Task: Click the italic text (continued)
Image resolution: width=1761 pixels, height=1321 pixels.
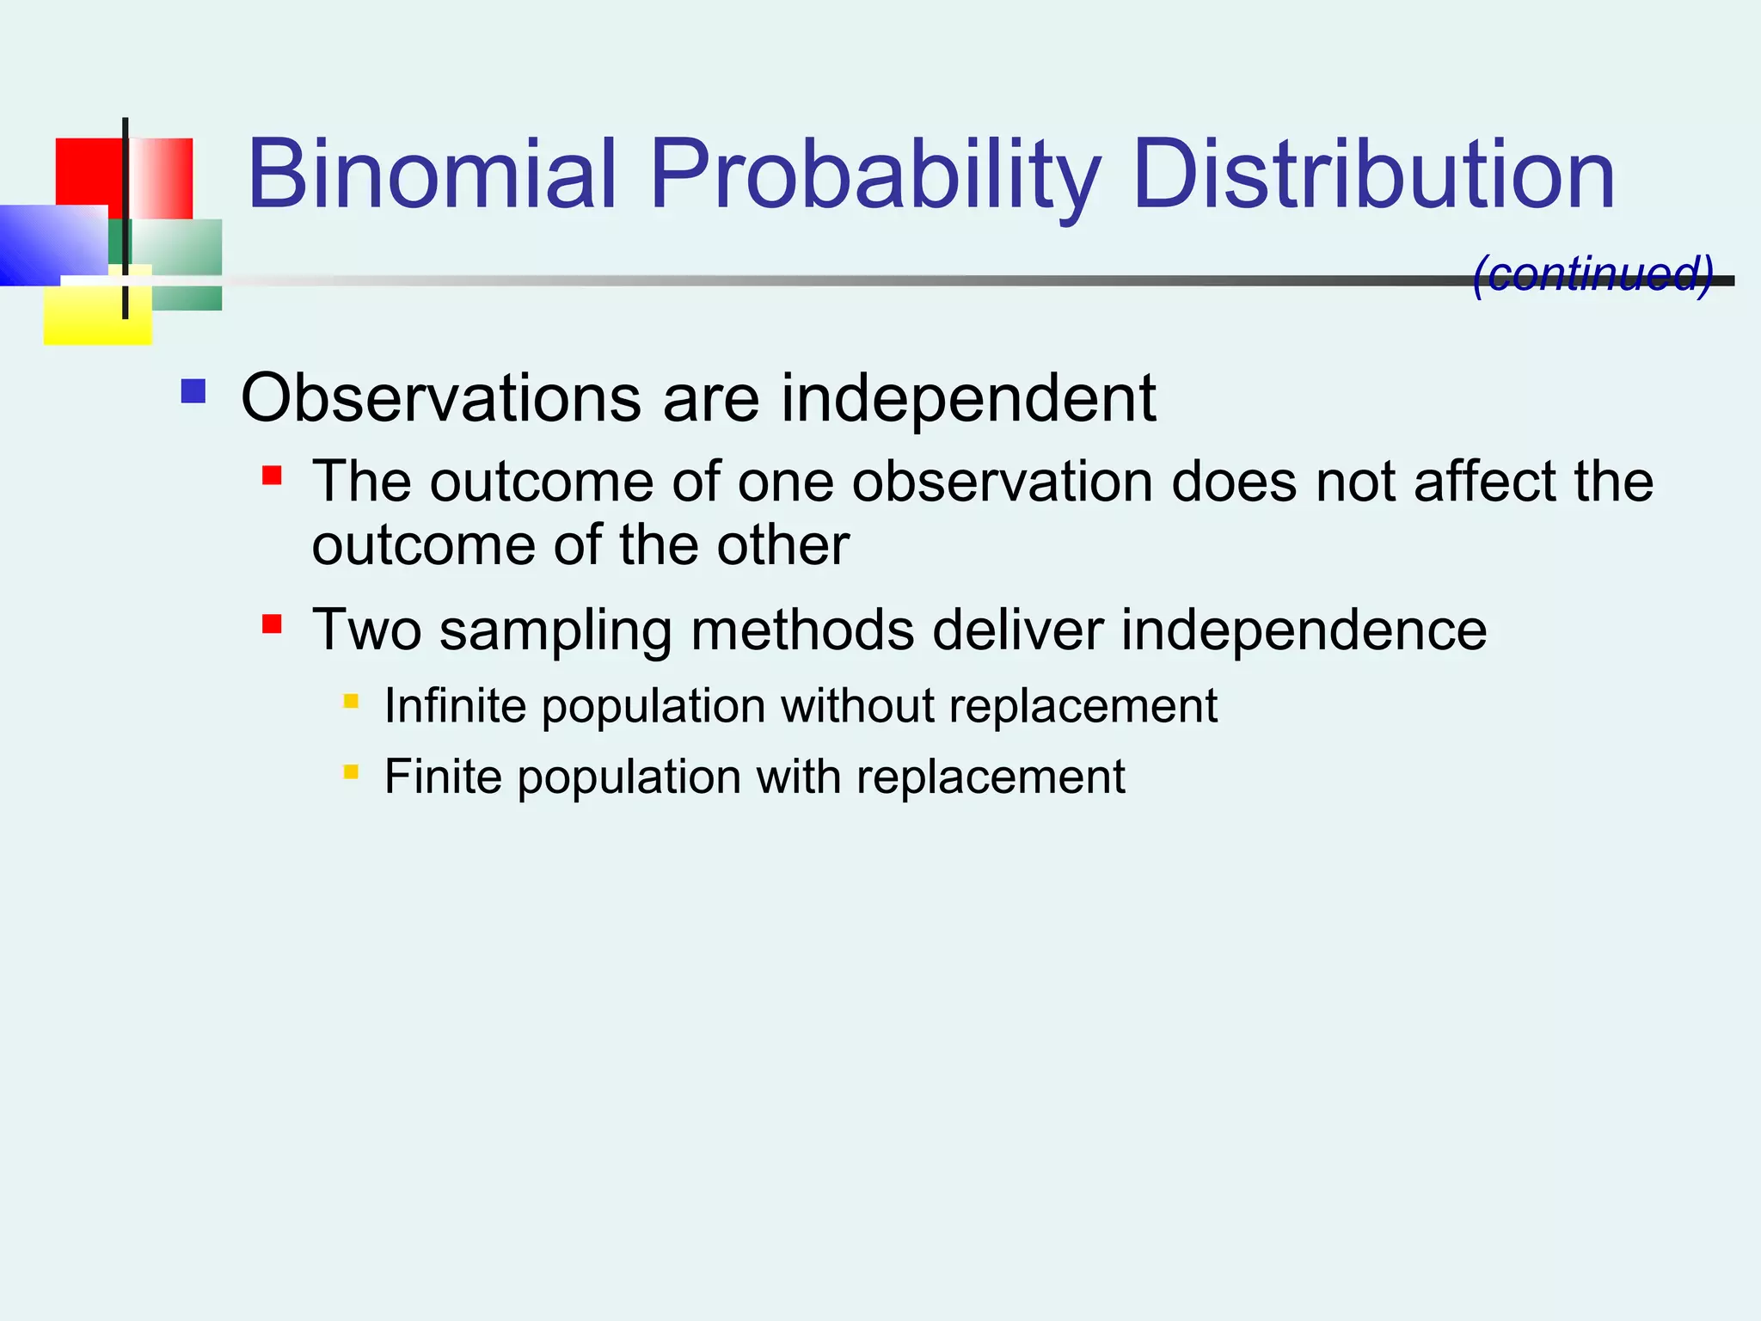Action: [1592, 273]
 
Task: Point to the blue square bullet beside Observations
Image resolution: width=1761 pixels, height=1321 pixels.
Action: [193, 391]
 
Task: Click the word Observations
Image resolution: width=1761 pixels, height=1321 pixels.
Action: [441, 398]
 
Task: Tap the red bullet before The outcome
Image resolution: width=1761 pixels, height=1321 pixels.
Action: [272, 476]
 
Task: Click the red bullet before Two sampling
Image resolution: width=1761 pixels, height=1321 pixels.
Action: [272, 624]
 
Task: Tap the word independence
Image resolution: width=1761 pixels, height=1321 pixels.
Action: [1304, 630]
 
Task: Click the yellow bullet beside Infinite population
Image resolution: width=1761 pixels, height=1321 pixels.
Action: [351, 701]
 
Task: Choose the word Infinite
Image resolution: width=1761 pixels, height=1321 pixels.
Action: [455, 705]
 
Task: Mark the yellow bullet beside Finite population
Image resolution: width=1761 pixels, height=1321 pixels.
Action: [351, 771]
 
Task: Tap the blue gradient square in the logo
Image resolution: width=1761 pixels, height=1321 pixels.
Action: [52, 245]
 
